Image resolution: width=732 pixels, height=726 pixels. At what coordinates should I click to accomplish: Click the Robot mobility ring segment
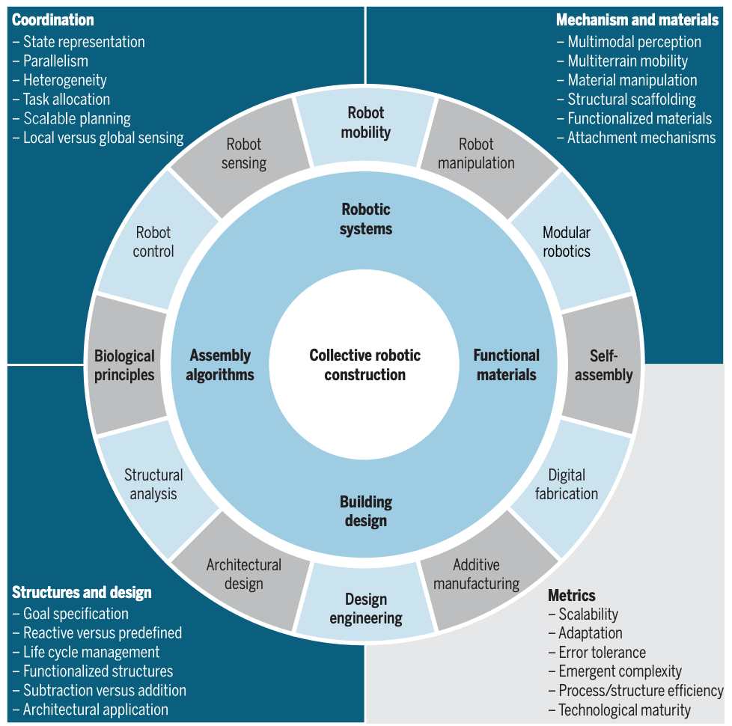(x=366, y=123)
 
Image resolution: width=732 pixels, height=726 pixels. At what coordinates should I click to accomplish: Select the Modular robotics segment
(x=567, y=242)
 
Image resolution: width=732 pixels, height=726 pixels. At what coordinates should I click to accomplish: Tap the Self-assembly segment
(x=603, y=365)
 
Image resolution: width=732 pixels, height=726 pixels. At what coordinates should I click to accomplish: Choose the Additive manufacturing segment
(x=477, y=574)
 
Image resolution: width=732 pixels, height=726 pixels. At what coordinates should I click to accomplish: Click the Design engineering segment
(x=366, y=608)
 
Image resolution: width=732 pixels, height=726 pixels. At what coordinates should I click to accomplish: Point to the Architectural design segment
(x=244, y=574)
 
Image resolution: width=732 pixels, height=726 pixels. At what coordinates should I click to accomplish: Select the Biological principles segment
(x=124, y=365)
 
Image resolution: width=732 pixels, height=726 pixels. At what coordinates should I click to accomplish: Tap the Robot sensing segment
(x=244, y=153)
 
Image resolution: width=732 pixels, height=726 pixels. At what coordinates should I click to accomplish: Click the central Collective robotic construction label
(x=365, y=364)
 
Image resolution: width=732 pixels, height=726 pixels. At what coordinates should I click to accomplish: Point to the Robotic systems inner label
(x=366, y=219)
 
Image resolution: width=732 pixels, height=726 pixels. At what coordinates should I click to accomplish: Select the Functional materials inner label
(x=507, y=364)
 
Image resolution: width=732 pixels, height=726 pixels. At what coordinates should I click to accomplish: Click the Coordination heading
(x=53, y=20)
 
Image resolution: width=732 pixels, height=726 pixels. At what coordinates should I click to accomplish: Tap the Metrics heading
(x=572, y=596)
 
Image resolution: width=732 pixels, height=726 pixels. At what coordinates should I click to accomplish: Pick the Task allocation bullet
(x=66, y=100)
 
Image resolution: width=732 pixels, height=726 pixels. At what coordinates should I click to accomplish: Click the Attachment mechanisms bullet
(x=641, y=138)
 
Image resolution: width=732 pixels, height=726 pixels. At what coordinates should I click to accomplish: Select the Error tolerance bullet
(x=602, y=653)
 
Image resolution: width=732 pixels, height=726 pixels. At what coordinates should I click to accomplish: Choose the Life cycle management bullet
(x=91, y=652)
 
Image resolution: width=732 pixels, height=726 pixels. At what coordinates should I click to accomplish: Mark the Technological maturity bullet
(x=624, y=710)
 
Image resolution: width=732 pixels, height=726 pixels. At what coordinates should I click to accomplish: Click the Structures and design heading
(x=82, y=593)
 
